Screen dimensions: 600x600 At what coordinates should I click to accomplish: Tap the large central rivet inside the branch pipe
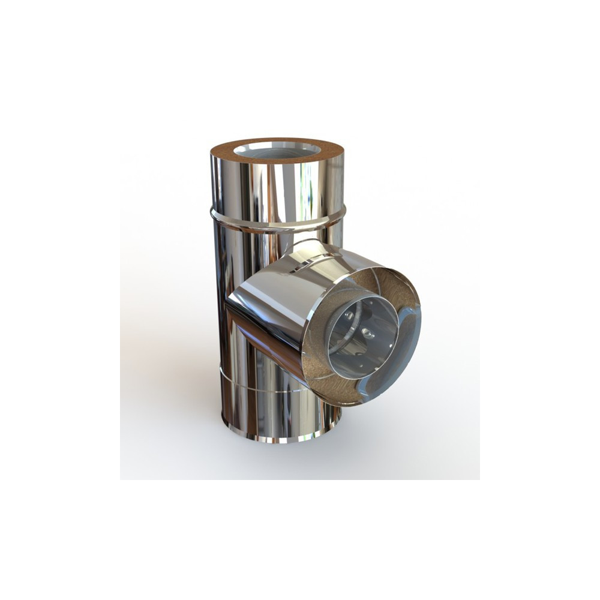pyautogui.click(x=366, y=331)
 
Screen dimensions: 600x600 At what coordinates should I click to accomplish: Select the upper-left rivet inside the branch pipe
pyautogui.click(x=347, y=316)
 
